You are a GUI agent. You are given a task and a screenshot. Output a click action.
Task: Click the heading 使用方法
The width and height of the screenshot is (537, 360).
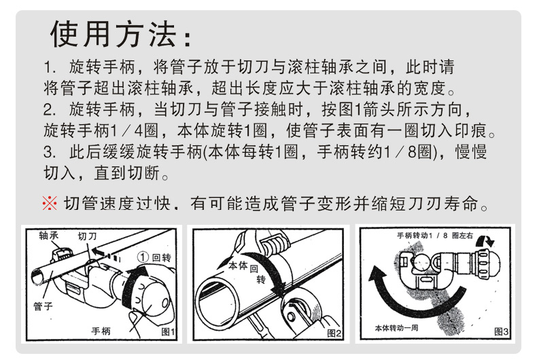(114, 34)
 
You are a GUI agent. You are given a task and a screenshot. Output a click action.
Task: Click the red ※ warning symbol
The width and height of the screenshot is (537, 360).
(50, 203)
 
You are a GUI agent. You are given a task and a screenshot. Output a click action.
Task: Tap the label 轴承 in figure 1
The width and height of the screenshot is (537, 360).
(49, 236)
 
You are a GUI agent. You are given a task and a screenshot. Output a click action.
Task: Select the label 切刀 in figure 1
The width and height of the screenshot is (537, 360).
(87, 236)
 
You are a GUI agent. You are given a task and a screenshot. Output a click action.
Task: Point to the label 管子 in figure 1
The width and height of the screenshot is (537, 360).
(43, 306)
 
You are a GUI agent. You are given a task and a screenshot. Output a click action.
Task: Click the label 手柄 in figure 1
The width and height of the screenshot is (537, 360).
(101, 331)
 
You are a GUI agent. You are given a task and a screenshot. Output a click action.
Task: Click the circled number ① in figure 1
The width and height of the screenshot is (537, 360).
(143, 257)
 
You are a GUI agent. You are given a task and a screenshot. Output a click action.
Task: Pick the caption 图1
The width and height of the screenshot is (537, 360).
(168, 331)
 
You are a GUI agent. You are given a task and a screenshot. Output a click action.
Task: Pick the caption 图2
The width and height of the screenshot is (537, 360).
(334, 333)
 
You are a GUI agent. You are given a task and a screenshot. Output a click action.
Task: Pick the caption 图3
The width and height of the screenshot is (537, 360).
(502, 331)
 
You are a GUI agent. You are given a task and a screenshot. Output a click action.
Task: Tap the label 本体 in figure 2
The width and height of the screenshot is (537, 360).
(238, 265)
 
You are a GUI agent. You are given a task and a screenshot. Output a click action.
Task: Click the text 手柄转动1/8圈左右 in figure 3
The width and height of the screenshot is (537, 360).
(435, 236)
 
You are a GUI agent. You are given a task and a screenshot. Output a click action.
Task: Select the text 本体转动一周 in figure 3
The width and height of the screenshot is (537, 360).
(396, 328)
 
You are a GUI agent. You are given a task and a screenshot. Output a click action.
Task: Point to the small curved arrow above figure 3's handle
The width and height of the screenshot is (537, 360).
(486, 240)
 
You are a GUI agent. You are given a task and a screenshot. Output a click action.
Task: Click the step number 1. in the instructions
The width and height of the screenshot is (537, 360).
(50, 67)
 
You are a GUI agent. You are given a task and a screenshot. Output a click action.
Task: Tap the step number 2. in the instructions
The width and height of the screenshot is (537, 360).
(50, 109)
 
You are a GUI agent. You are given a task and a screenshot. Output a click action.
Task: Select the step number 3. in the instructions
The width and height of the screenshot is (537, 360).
(50, 152)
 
